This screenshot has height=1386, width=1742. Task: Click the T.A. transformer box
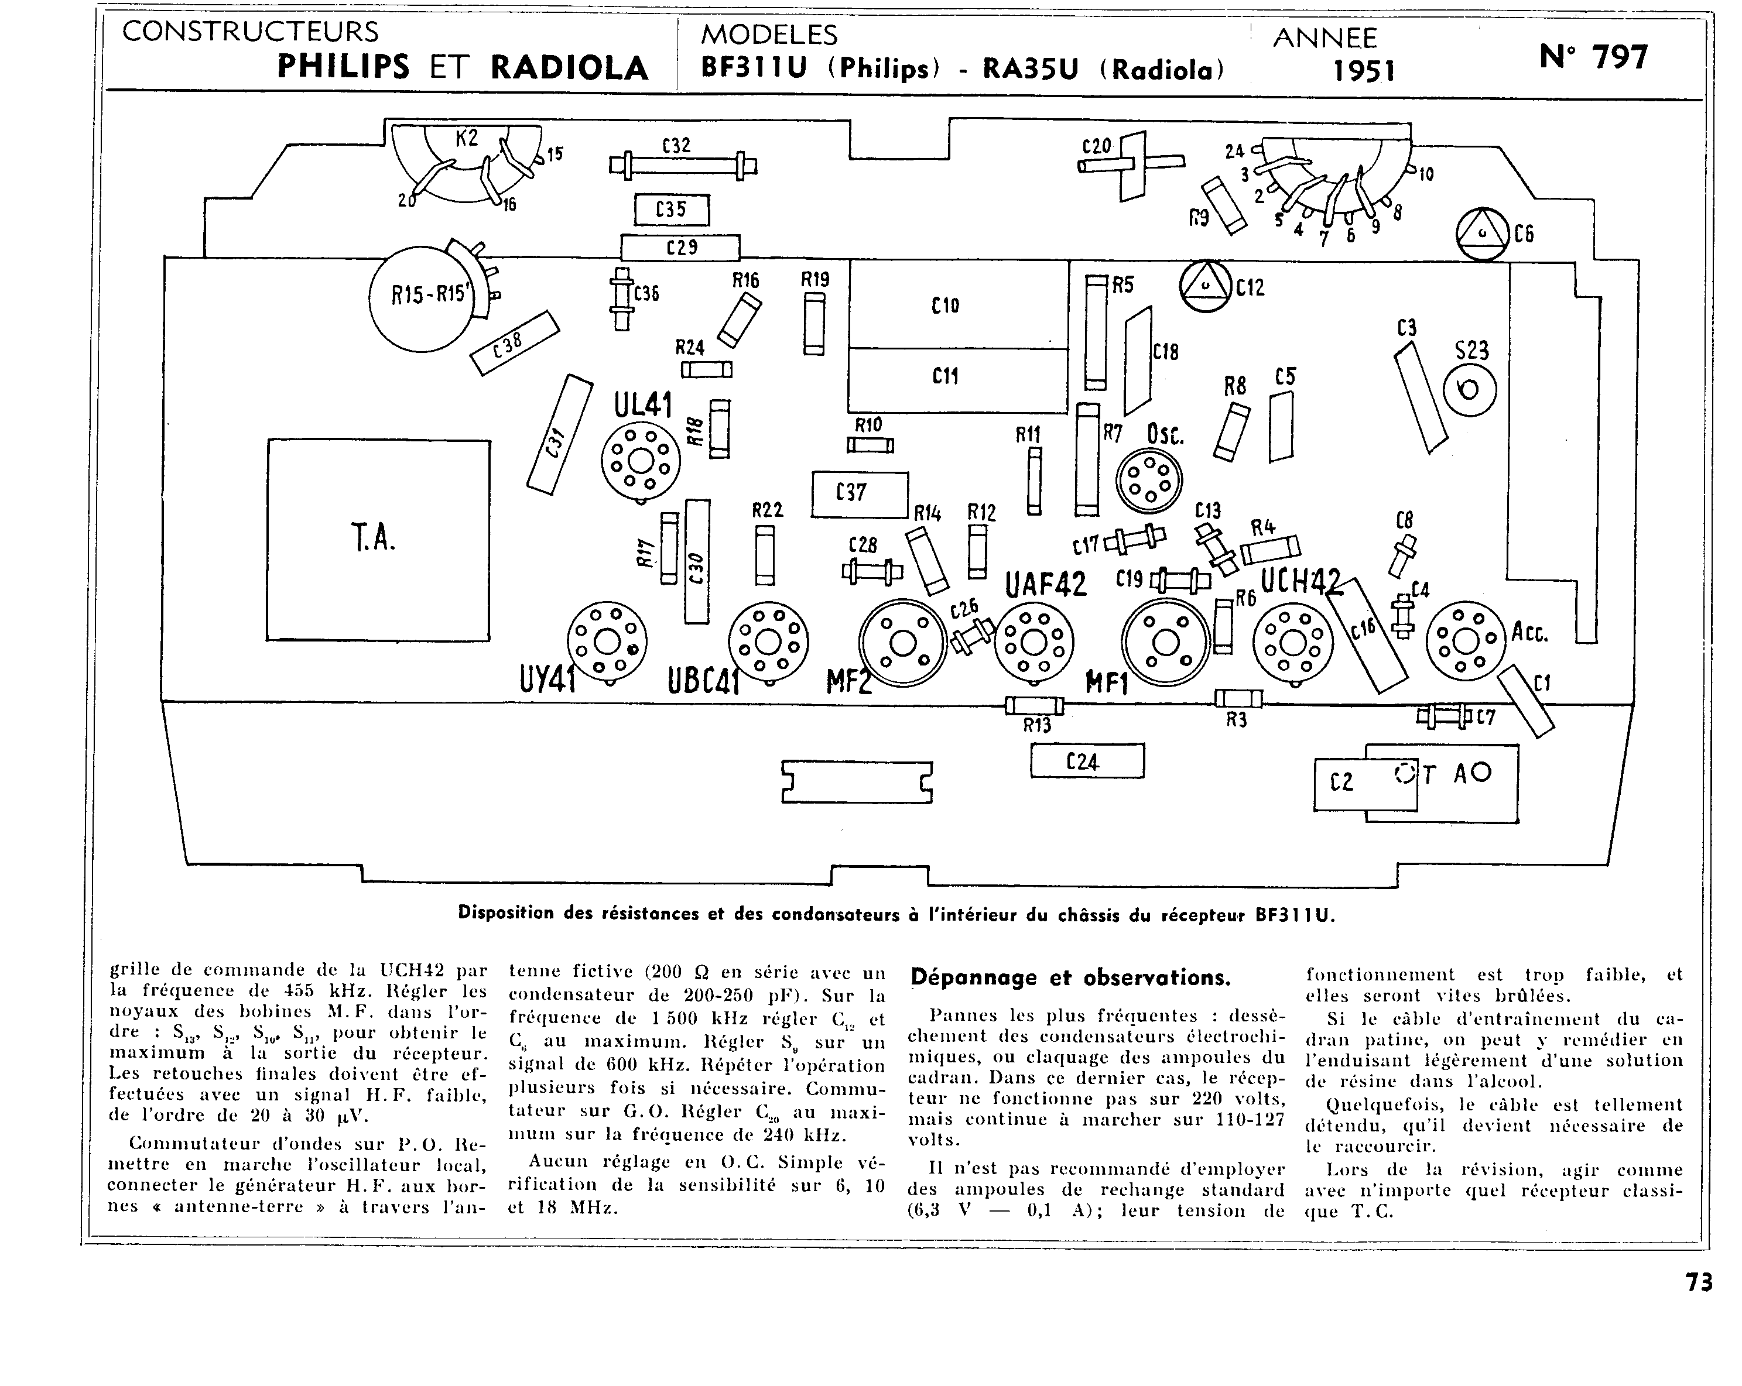378,540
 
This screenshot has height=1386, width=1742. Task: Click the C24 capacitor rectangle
1087,761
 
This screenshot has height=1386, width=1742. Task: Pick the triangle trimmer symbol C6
1482,234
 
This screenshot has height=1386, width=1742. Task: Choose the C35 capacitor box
672,210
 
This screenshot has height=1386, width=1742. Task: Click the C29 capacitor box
679,247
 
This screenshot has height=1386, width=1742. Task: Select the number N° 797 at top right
1593,57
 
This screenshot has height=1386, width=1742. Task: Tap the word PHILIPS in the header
343,67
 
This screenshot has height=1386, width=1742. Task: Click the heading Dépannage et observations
1070,978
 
